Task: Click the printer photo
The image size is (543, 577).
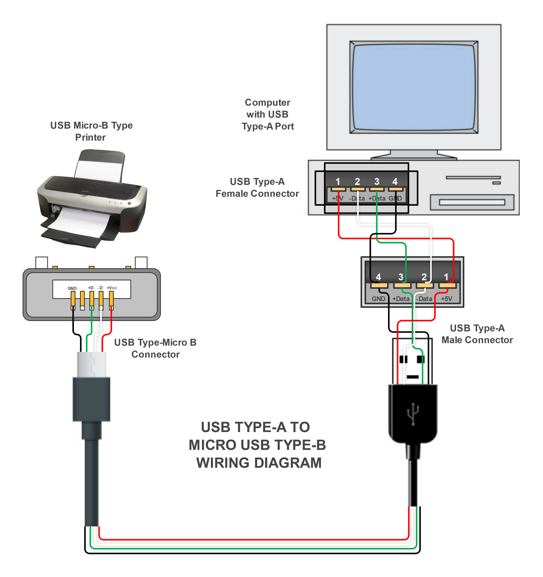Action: coord(92,198)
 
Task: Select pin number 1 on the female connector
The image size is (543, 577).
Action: coord(338,182)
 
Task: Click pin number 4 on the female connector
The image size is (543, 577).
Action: coord(395,182)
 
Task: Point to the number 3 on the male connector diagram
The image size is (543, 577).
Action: coord(401,277)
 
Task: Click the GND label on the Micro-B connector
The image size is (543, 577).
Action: coord(72,288)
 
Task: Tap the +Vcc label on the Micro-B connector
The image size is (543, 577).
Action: coord(112,288)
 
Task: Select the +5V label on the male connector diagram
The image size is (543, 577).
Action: coord(446,299)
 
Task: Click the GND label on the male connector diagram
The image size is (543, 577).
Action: coord(378,299)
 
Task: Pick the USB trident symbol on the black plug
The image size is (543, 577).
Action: coord(413,413)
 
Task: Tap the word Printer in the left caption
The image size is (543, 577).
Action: coord(90,137)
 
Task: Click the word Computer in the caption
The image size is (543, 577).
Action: coord(267,103)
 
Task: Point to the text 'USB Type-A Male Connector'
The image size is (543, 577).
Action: coord(477,334)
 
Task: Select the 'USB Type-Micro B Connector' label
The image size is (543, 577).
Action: coord(155,348)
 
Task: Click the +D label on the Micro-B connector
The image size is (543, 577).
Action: coord(91,288)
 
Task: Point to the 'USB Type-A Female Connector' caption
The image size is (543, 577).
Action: coord(257,188)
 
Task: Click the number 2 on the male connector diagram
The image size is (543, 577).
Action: coord(424,277)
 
